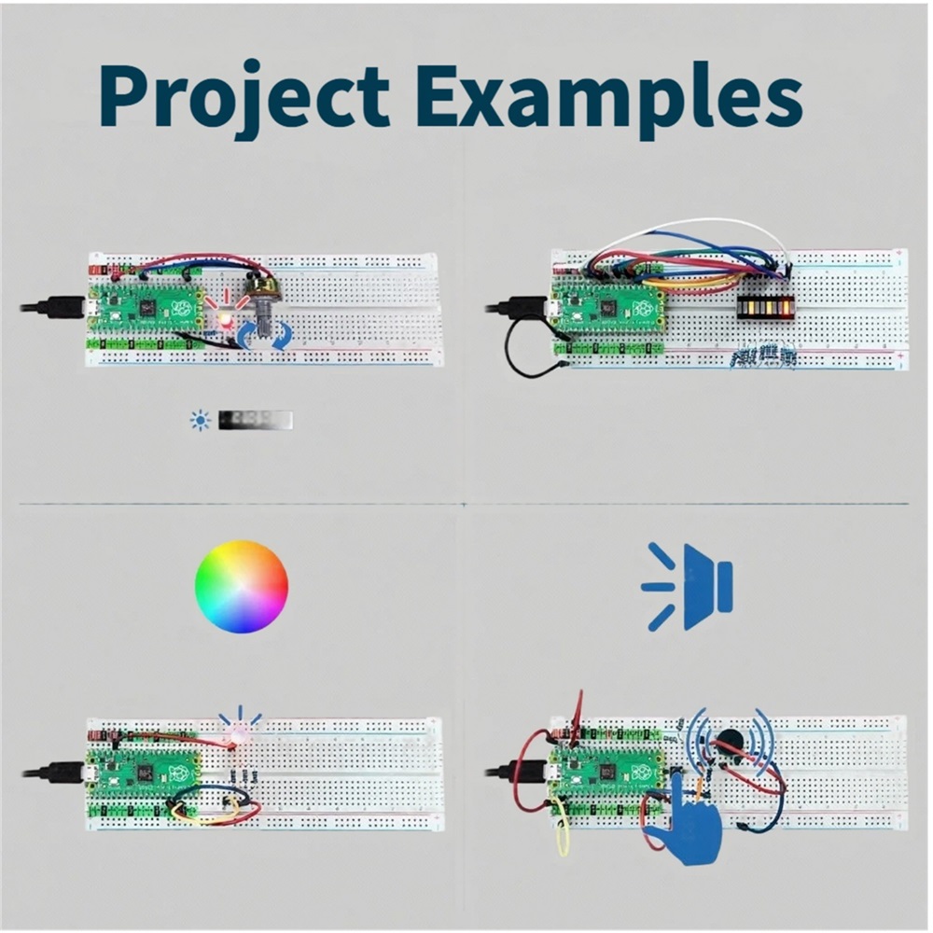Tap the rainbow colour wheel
coord(242,587)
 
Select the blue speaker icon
coord(689,587)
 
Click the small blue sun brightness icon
coord(200,421)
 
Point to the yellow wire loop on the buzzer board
coord(563,830)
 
